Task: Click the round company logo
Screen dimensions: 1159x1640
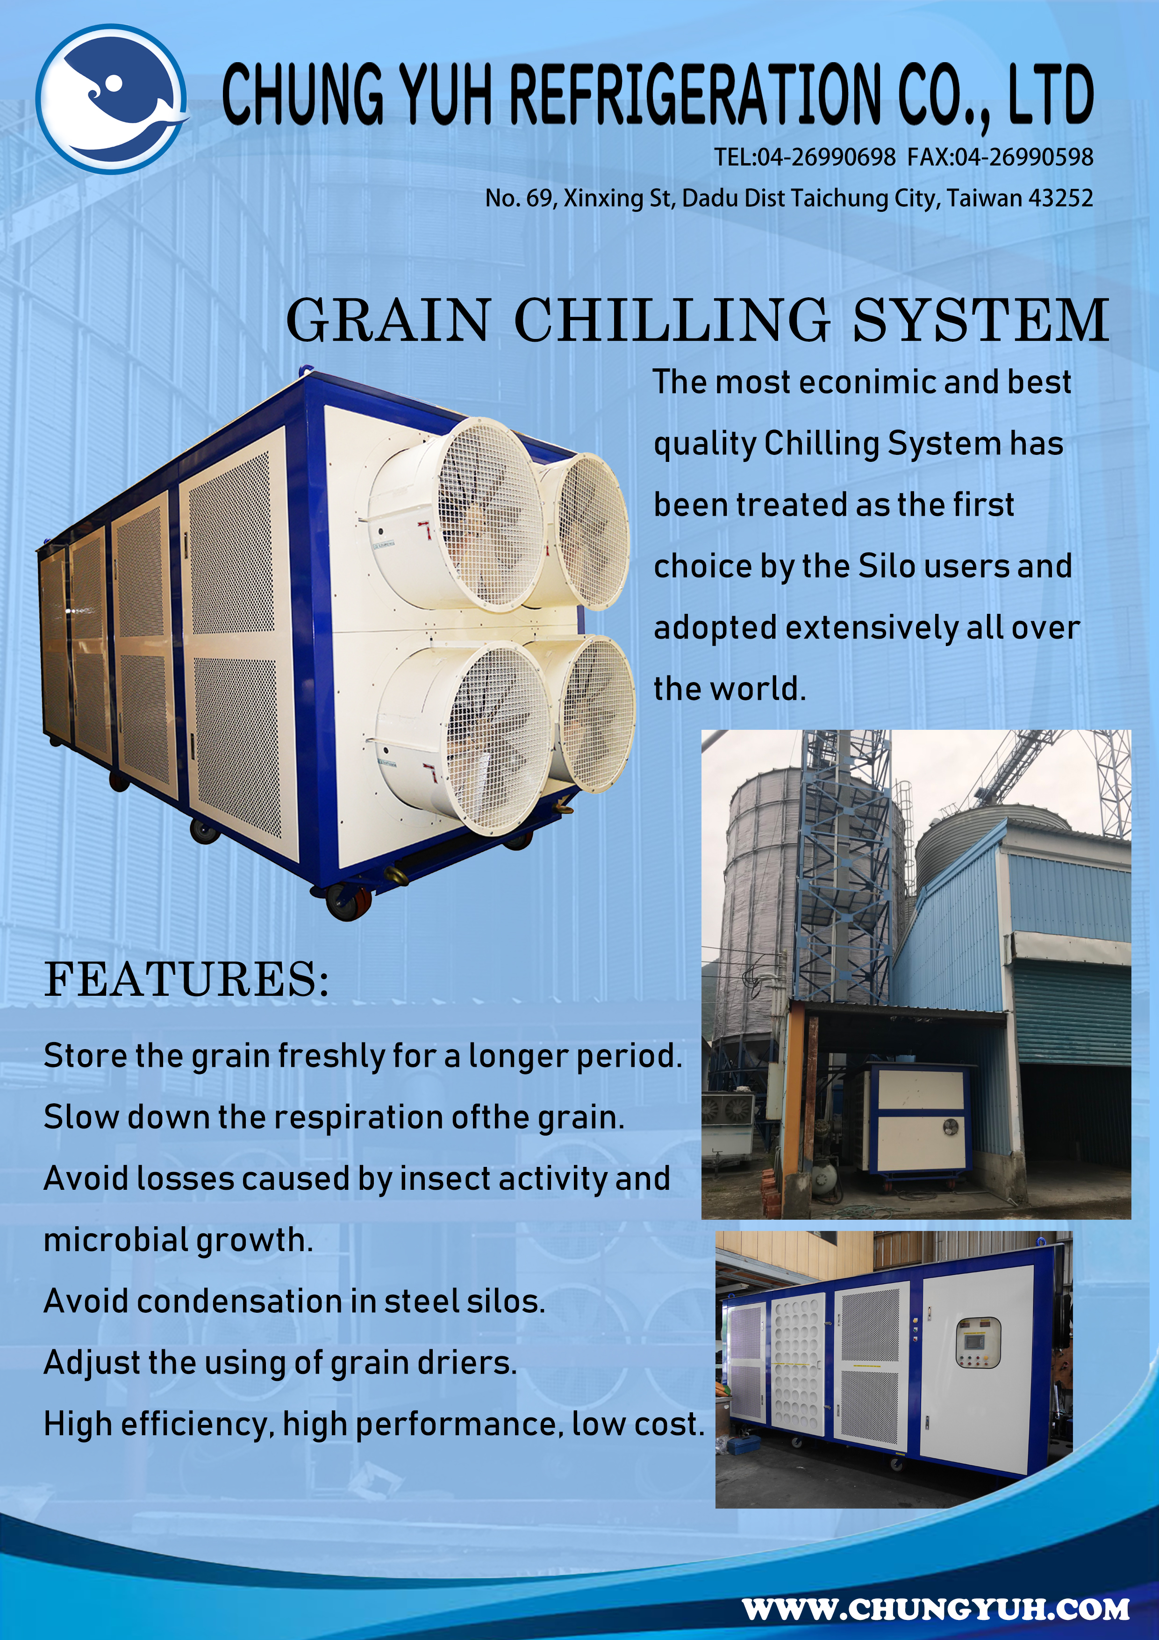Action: [112, 99]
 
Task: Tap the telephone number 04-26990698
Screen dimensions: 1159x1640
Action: [826, 157]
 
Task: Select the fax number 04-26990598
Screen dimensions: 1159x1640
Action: [1024, 157]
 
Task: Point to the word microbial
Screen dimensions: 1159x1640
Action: [116, 1240]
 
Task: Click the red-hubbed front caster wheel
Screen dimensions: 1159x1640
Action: [349, 901]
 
